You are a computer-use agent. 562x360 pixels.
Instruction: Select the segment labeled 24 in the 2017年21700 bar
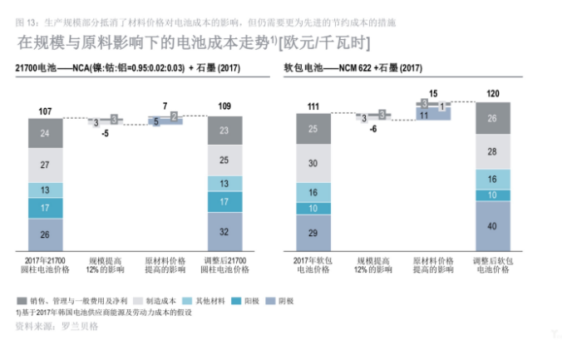(x=45, y=133)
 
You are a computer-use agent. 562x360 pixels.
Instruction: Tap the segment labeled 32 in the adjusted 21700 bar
(x=224, y=232)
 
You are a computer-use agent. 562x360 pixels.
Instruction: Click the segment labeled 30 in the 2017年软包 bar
(x=313, y=165)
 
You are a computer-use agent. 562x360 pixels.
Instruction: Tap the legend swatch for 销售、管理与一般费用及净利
(x=21, y=299)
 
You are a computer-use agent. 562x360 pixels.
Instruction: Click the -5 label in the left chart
(x=106, y=132)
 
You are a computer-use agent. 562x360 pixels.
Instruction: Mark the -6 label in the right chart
(x=373, y=129)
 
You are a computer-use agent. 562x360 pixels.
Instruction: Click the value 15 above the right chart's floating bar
(x=433, y=93)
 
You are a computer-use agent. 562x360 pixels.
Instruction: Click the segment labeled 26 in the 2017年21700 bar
(x=45, y=234)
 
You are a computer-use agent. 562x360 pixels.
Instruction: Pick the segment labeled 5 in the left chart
(x=155, y=121)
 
